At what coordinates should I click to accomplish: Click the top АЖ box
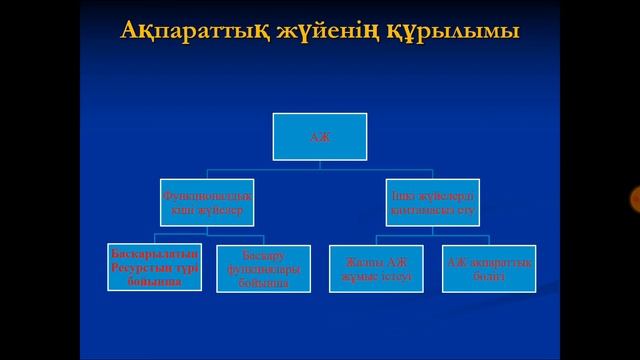click(x=320, y=137)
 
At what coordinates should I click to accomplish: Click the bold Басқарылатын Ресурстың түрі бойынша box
click(x=154, y=268)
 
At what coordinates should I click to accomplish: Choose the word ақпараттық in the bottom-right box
click(x=500, y=262)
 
